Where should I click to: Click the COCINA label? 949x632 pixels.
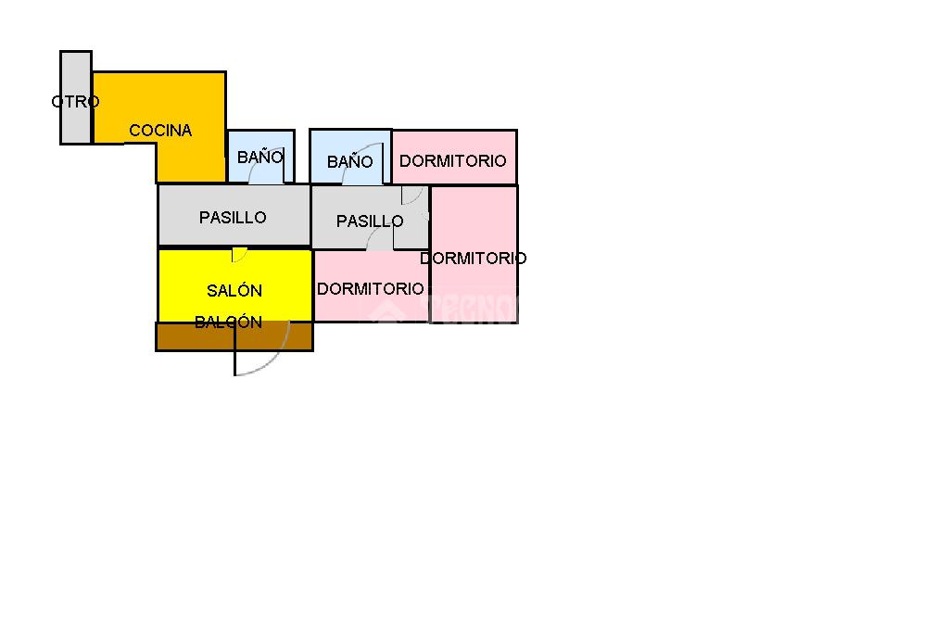point(160,131)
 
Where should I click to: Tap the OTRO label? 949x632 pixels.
point(75,102)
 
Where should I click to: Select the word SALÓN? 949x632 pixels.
point(234,290)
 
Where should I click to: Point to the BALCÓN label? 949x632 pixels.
point(228,322)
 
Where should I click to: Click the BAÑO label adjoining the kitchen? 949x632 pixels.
point(259,158)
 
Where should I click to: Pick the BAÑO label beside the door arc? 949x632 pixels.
point(349,162)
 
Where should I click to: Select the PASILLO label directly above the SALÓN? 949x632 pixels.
point(233,218)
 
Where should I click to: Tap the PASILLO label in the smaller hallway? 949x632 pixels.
point(369,221)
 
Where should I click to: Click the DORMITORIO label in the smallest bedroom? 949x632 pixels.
point(453,161)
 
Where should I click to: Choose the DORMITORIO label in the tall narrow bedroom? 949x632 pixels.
point(473,259)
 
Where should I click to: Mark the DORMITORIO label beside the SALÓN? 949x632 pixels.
point(371,289)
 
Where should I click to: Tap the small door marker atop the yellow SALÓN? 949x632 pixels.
point(238,255)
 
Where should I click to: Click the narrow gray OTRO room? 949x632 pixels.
point(76,125)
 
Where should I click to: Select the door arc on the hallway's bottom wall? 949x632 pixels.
point(380,239)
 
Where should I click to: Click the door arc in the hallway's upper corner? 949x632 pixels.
point(413,195)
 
